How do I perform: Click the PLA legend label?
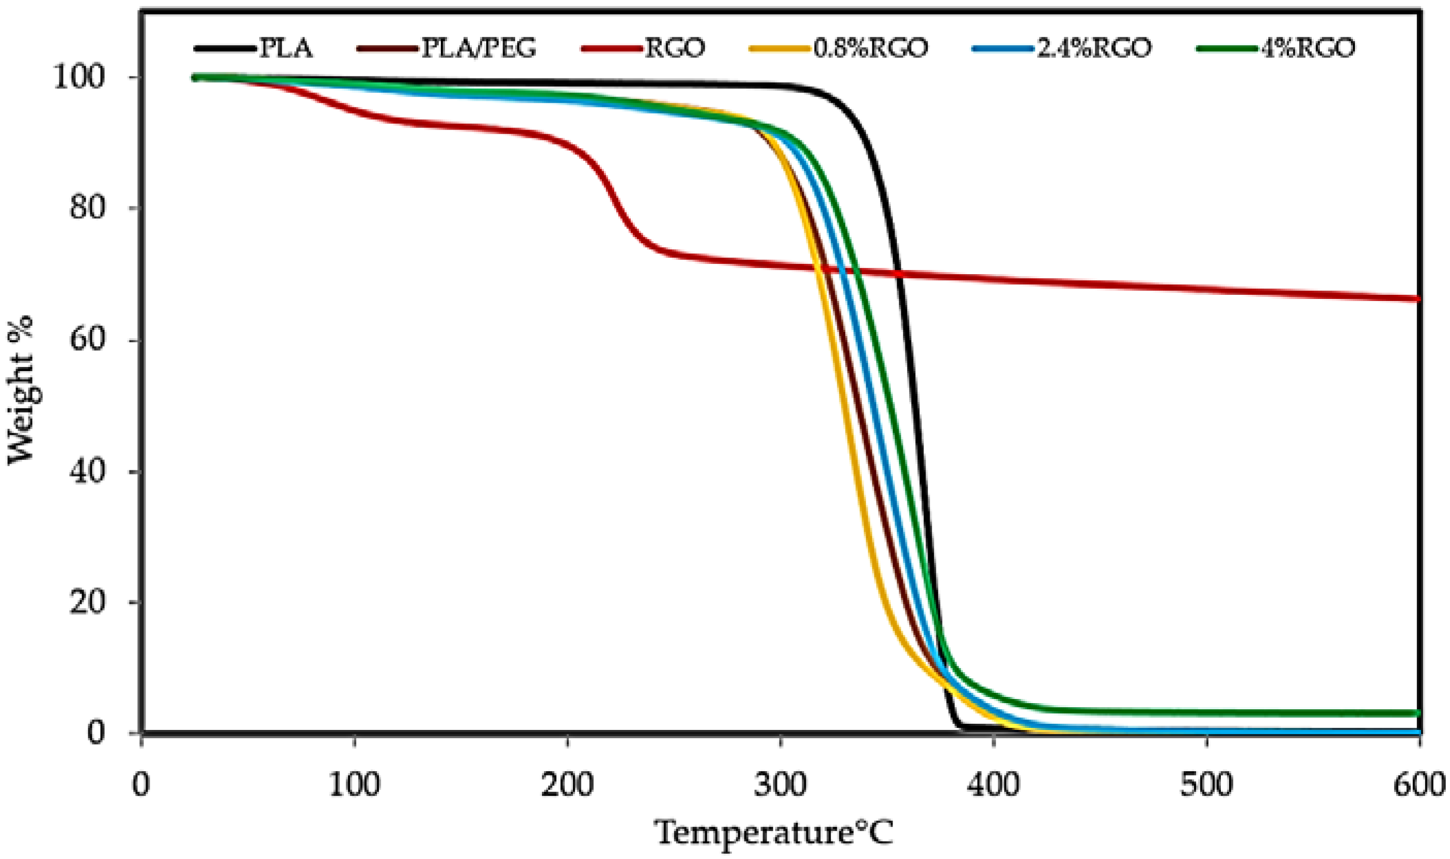click(x=286, y=49)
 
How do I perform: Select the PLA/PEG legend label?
click(x=478, y=49)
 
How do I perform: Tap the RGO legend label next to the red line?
click(x=675, y=49)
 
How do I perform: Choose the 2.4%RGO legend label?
click(x=1093, y=49)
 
